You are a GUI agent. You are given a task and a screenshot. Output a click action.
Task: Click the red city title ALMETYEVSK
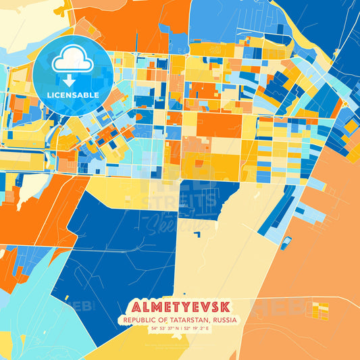tap(180, 307)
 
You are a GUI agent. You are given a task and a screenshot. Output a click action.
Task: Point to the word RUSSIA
tap(224, 320)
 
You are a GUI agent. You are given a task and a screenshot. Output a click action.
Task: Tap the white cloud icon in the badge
tap(73, 61)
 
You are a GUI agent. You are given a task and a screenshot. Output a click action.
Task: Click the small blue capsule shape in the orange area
tap(286, 242)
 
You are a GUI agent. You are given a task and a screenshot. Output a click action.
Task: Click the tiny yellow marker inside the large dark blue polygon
tap(138, 264)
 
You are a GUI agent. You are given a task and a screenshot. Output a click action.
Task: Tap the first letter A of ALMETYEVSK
tap(133, 307)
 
